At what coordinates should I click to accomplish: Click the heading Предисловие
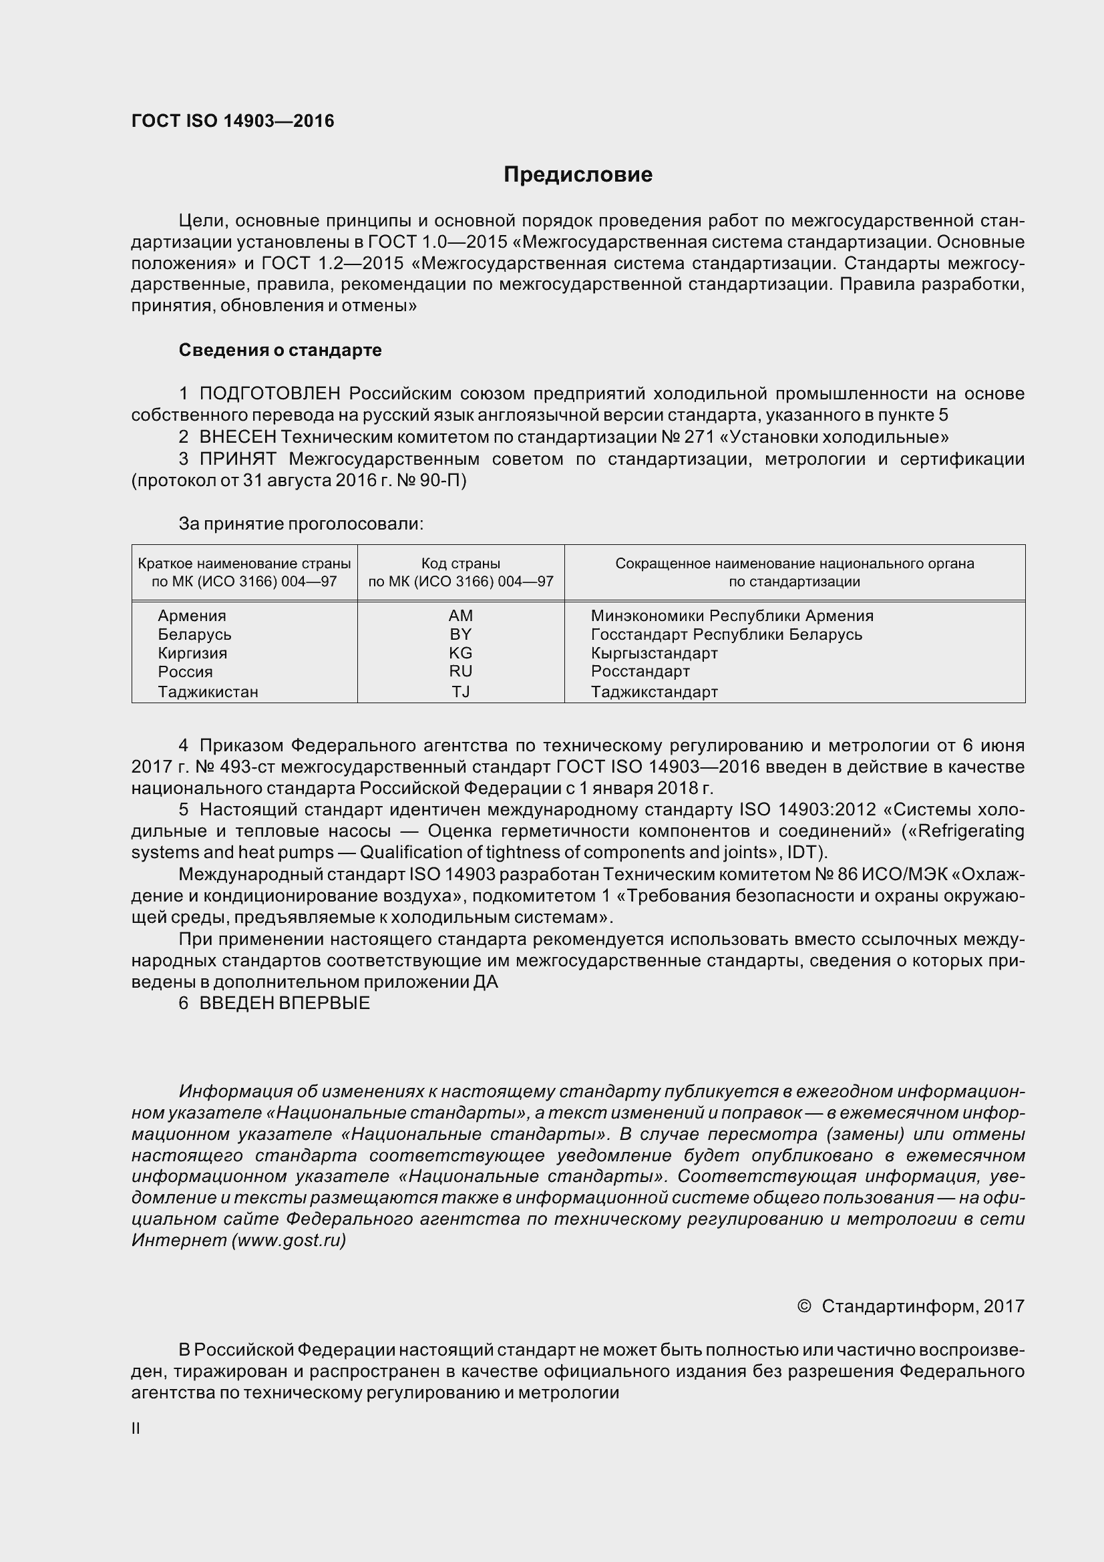click(578, 175)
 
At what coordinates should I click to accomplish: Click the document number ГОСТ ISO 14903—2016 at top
click(232, 121)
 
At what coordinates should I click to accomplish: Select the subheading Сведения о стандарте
click(280, 350)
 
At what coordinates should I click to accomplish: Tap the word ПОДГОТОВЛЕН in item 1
click(269, 393)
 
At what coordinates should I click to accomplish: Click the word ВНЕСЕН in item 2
click(237, 437)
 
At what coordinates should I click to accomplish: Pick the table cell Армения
click(192, 616)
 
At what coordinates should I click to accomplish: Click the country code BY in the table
click(461, 634)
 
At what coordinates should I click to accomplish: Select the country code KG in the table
click(461, 653)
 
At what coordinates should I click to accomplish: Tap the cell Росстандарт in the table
click(640, 671)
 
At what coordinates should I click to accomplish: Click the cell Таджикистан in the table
click(208, 692)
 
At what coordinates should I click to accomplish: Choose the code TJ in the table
click(461, 692)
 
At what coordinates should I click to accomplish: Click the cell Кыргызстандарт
click(654, 653)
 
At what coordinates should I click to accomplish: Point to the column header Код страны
click(461, 564)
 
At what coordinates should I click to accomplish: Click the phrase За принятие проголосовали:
click(301, 524)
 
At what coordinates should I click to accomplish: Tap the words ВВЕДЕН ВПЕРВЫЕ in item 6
click(285, 1004)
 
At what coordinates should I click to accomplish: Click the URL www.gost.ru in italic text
click(289, 1240)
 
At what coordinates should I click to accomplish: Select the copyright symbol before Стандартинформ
click(803, 1306)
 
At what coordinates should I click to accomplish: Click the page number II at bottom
click(136, 1428)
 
